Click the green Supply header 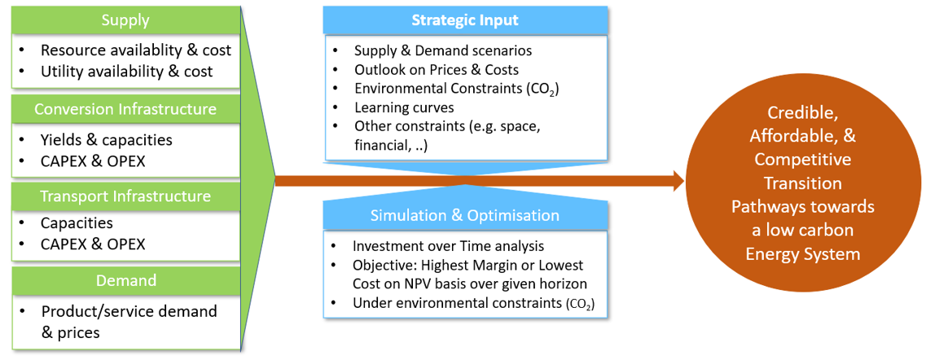pyautogui.click(x=125, y=21)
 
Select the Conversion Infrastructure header pyautogui.click(x=125, y=110)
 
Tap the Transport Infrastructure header pyautogui.click(x=125, y=195)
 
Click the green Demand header pyautogui.click(x=125, y=280)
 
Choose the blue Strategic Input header pyautogui.click(x=465, y=20)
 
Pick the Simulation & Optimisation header pyautogui.click(x=465, y=215)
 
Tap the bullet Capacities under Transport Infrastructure pyautogui.click(x=77, y=223)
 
